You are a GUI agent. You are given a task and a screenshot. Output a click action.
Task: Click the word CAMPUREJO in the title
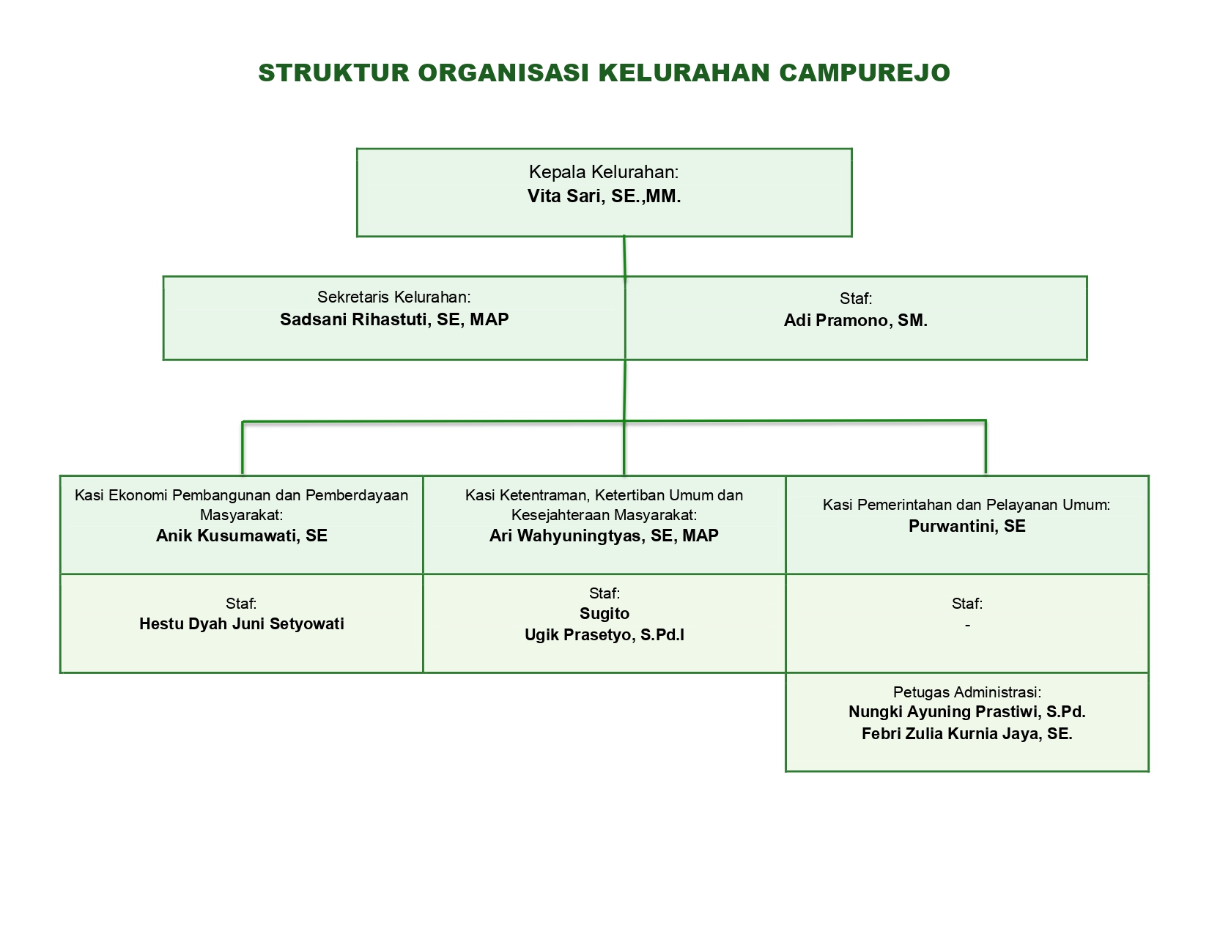click(864, 73)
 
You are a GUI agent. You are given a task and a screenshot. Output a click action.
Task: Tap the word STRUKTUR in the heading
click(334, 73)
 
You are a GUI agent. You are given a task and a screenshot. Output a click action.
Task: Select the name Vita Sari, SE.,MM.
click(604, 196)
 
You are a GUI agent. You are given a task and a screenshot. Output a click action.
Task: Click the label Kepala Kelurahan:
click(604, 172)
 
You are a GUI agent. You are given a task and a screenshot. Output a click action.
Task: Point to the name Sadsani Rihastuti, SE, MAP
click(394, 319)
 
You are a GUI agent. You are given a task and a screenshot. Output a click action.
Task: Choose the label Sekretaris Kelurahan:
click(394, 297)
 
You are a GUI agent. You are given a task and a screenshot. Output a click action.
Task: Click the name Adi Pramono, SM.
click(855, 320)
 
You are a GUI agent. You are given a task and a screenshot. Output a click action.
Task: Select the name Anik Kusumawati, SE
click(242, 535)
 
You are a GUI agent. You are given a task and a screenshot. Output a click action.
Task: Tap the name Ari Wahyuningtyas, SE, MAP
click(604, 535)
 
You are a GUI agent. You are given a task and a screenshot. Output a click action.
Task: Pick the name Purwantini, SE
click(966, 526)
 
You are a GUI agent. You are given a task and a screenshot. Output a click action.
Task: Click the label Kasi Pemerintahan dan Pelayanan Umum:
click(966, 505)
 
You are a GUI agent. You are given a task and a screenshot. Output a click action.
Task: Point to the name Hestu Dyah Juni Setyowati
click(242, 623)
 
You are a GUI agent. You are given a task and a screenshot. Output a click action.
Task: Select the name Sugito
click(604, 614)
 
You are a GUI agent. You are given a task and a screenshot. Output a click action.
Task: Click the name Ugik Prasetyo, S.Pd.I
click(604, 634)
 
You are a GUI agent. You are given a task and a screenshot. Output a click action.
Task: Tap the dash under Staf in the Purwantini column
click(967, 626)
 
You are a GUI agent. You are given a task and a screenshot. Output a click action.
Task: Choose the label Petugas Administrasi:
click(967, 692)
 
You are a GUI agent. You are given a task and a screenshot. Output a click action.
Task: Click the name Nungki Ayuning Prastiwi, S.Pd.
click(967, 712)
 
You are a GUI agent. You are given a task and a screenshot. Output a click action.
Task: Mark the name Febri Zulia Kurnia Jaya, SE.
click(967, 734)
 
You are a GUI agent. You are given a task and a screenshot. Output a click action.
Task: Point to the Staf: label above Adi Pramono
click(856, 299)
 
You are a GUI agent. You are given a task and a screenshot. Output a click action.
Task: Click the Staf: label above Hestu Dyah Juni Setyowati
click(241, 604)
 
